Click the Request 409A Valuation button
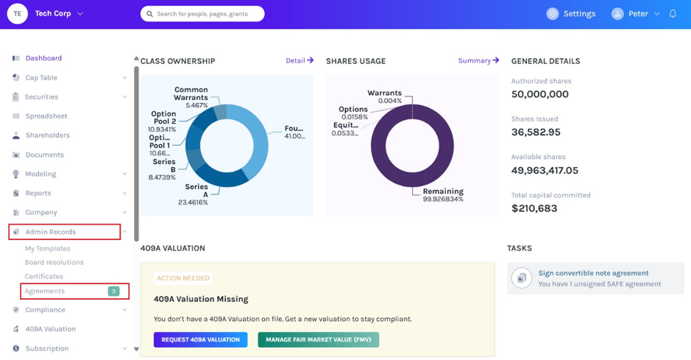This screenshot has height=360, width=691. (x=200, y=339)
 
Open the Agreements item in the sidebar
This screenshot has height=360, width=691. (x=44, y=292)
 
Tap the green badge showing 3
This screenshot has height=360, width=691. (x=114, y=292)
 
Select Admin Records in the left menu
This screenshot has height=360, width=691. (x=50, y=232)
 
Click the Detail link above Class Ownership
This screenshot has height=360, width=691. (x=300, y=60)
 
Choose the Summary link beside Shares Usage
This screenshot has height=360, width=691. (x=478, y=60)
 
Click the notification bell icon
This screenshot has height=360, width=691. (x=673, y=14)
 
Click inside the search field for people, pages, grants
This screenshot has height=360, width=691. (x=202, y=14)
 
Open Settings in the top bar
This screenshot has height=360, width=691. (x=571, y=14)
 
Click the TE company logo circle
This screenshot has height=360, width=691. (x=17, y=14)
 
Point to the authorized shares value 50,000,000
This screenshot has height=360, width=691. (x=540, y=94)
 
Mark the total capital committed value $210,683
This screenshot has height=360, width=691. (x=534, y=208)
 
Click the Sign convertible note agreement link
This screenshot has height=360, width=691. (x=593, y=273)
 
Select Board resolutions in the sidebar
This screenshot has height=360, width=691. (x=54, y=262)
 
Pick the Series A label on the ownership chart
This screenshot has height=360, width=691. (x=196, y=191)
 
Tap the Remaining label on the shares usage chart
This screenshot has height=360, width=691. (x=443, y=191)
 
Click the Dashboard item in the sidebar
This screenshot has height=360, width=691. (x=43, y=58)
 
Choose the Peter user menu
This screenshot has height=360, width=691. (x=636, y=14)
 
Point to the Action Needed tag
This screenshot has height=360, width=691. (x=183, y=278)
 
